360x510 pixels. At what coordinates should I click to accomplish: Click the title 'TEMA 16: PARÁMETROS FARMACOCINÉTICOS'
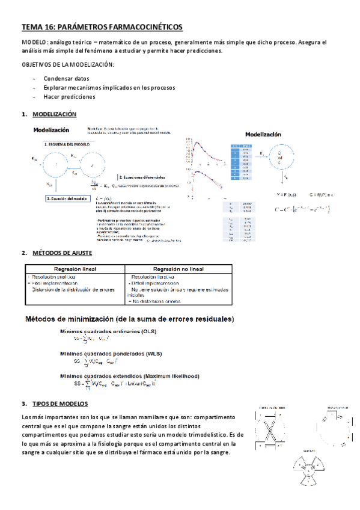pyautogui.click(x=102, y=27)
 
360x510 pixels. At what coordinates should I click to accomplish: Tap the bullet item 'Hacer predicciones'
pyautogui.click(x=69, y=96)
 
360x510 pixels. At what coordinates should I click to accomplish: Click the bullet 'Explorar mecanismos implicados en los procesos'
pyautogui.click(x=109, y=88)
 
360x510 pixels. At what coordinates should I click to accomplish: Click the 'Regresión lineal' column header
pyautogui.click(x=75, y=269)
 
